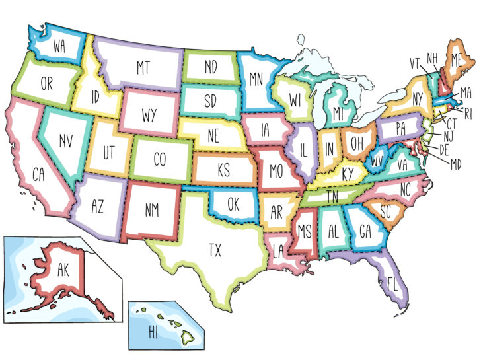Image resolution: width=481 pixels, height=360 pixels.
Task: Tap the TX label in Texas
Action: [x=215, y=250]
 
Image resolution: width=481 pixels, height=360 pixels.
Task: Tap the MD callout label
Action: [x=457, y=162]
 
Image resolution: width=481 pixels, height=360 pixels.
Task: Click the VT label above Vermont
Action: [x=415, y=63]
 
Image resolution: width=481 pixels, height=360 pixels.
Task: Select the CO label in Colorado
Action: [x=159, y=159]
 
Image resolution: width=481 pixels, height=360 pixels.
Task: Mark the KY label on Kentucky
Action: [x=348, y=174]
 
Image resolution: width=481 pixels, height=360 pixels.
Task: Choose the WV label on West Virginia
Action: [x=377, y=161]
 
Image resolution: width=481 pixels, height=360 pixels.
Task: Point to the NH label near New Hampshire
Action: [x=433, y=58]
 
